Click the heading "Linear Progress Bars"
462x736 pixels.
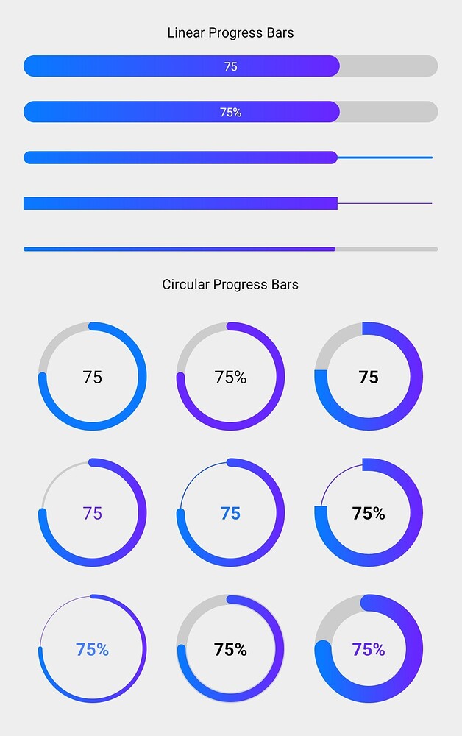point(230,32)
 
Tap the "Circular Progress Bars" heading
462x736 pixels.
point(230,284)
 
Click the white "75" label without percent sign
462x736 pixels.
point(230,66)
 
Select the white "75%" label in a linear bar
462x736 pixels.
point(230,113)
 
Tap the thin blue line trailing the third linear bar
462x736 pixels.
point(385,158)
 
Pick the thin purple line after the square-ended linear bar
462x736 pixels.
point(385,203)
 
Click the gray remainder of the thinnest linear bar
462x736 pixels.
point(386,250)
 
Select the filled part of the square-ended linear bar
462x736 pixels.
point(180,203)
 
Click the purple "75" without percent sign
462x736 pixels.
point(93,513)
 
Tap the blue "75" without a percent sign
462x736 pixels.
point(230,513)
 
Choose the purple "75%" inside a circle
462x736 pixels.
point(369,649)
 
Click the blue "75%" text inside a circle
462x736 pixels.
point(93,649)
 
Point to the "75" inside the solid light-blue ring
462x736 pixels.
point(93,377)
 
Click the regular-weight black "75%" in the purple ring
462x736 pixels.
point(230,377)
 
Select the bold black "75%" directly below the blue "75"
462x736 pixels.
point(230,649)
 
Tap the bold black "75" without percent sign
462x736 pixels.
point(369,377)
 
